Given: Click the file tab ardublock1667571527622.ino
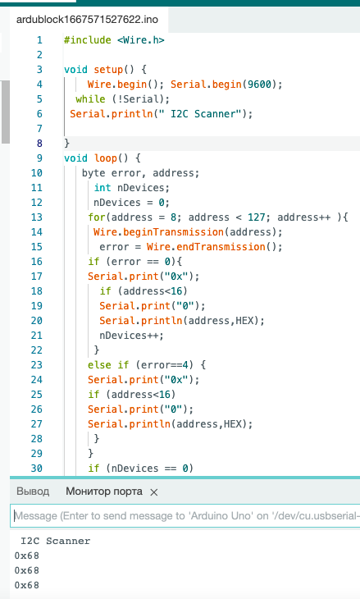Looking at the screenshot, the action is click(87, 20).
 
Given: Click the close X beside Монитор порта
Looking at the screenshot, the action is click(154, 492).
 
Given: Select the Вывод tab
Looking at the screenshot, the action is click(33, 492).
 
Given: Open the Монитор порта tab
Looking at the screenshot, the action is click(104, 492).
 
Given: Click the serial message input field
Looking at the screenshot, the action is click(185, 516).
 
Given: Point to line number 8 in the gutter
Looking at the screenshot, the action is click(39, 144).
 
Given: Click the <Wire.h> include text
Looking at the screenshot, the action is click(141, 40).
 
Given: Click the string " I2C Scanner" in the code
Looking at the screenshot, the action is click(203, 114).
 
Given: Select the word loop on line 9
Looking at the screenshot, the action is click(105, 158).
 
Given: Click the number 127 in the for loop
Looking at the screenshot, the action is click(256, 217).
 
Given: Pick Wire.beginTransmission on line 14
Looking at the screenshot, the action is click(158, 232).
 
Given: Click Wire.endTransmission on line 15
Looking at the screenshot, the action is click(206, 247).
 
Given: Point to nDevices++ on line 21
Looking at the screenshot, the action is click(131, 336).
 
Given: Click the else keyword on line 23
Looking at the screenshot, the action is click(99, 365).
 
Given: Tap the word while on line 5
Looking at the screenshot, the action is click(90, 99).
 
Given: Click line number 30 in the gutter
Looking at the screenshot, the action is click(37, 469).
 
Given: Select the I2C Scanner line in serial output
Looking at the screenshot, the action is click(56, 541).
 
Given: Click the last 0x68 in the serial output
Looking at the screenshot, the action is click(27, 585).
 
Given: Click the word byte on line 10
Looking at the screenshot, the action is click(93, 173).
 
